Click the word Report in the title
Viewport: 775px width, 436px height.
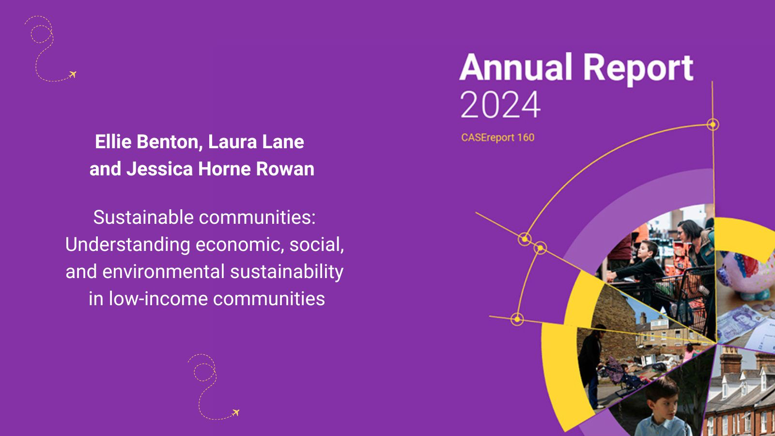coord(639,70)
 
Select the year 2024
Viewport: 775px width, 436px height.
coord(500,105)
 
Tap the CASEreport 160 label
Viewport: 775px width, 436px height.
coord(498,138)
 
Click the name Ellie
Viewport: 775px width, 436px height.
coord(113,142)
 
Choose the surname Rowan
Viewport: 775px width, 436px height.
coord(285,169)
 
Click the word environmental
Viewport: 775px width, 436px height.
coord(163,272)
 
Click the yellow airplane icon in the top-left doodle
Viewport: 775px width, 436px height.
coord(73,75)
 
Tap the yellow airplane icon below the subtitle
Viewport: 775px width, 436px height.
coord(236,412)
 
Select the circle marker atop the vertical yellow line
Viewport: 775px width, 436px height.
coord(713,124)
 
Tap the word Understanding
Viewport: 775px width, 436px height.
coord(128,245)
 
